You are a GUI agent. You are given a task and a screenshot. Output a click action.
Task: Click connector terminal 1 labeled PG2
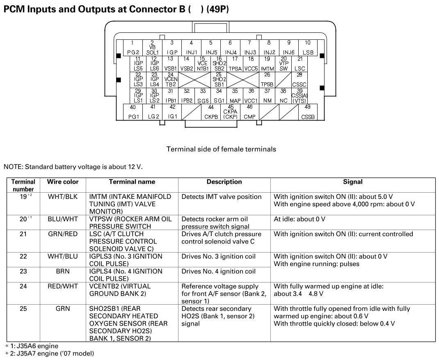point(132,48)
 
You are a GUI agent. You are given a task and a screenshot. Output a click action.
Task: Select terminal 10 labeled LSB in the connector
point(308,48)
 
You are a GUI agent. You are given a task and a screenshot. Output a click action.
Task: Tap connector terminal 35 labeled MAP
point(235,96)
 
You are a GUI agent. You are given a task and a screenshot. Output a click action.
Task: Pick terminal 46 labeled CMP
point(249,112)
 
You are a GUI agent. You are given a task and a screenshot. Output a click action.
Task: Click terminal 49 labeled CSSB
point(308,112)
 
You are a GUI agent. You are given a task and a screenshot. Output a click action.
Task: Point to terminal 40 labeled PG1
point(133,112)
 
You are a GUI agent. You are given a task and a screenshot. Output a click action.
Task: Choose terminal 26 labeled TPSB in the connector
point(267,80)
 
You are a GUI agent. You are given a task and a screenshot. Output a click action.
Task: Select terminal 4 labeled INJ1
point(191,48)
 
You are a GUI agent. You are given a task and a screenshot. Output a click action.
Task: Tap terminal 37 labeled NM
point(267,96)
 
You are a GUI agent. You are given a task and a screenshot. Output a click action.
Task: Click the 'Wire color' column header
point(63,182)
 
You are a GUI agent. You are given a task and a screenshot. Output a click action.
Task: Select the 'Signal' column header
point(352,182)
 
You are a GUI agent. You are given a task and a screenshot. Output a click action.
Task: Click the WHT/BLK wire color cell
point(63,197)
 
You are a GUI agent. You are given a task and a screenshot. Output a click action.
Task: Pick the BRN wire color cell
point(63,271)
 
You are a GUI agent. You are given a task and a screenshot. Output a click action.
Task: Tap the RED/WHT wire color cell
point(63,286)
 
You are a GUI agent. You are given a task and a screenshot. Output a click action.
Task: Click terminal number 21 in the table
point(23,234)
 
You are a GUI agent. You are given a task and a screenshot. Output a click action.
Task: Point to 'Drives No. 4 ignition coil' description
point(218,271)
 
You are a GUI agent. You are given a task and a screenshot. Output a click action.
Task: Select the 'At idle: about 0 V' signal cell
point(300,219)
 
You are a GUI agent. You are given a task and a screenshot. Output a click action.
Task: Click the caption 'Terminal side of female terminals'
point(221,149)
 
